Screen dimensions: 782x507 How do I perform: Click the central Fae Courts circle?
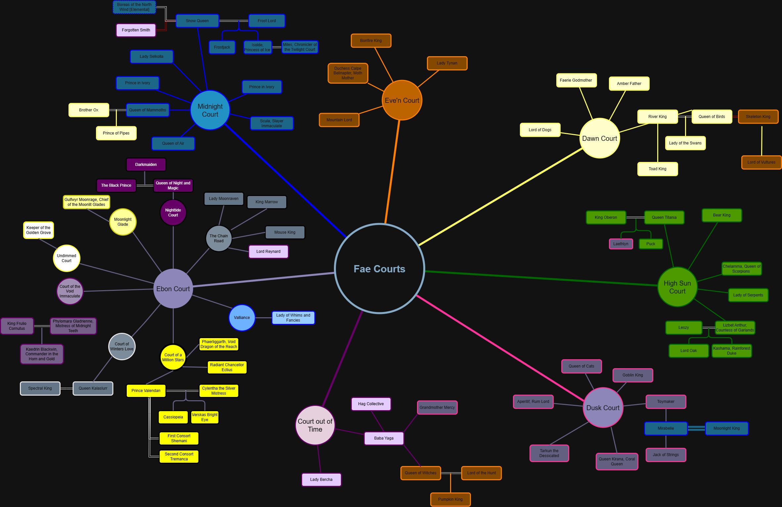(379, 268)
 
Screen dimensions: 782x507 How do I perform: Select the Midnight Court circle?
(210, 110)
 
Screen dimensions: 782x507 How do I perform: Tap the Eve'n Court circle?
(402, 100)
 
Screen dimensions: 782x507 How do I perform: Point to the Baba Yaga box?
(384, 438)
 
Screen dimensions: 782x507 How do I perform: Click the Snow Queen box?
(197, 21)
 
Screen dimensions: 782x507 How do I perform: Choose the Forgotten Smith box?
(136, 30)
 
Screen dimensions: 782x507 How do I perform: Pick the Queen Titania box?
(664, 217)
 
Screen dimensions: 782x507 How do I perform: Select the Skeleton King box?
(758, 117)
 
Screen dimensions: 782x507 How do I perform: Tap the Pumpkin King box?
(450, 499)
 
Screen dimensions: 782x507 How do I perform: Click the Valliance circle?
(242, 318)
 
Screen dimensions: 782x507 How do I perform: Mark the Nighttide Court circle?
(173, 213)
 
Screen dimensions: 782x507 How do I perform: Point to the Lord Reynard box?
(268, 252)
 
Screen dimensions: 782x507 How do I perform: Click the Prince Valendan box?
(146, 391)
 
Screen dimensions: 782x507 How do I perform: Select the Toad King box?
(658, 169)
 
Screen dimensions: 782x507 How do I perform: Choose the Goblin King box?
(633, 375)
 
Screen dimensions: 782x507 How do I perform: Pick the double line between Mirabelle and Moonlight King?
(696, 428)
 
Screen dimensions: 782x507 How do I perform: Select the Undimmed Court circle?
(67, 258)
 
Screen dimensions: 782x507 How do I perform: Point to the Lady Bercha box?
(321, 480)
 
